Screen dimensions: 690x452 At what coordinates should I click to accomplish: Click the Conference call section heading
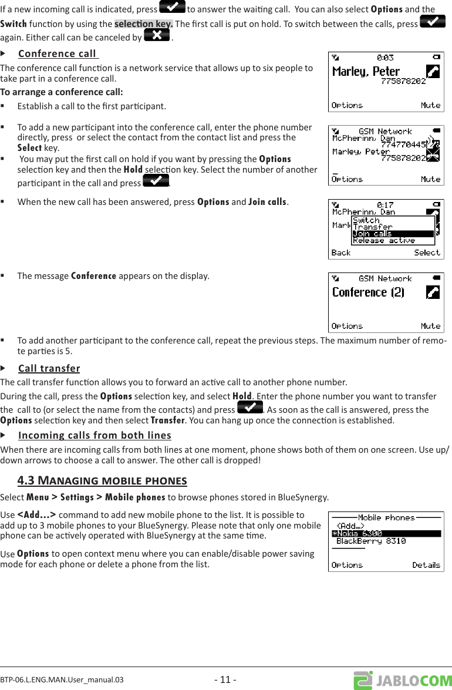pyautogui.click(x=58, y=54)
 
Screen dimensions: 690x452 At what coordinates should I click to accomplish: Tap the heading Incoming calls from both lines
pyautogui.click(x=95, y=435)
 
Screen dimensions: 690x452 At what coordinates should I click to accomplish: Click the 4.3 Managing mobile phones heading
pyautogui.click(x=102, y=481)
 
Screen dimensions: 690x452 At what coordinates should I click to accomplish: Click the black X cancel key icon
pyautogui.click(x=156, y=36)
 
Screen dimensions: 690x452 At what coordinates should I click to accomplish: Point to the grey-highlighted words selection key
pyautogui.click(x=143, y=23)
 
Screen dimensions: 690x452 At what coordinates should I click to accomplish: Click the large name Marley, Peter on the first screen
pyautogui.click(x=366, y=72)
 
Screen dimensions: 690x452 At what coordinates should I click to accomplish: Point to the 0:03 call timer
pyautogui.click(x=385, y=58)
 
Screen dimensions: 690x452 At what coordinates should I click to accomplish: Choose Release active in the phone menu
pyautogui.click(x=384, y=241)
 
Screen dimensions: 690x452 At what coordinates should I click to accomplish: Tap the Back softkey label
pyautogui.click(x=341, y=253)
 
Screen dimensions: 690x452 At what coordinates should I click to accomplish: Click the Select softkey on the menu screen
pyautogui.click(x=427, y=253)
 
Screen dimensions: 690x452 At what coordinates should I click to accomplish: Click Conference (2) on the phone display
pyautogui.click(x=368, y=292)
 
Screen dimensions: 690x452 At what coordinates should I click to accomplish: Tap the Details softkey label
pyautogui.click(x=426, y=565)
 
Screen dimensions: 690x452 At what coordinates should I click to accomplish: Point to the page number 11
pyautogui.click(x=225, y=680)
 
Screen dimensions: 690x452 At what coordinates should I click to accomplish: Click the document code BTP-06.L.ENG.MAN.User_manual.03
pyautogui.click(x=62, y=680)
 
